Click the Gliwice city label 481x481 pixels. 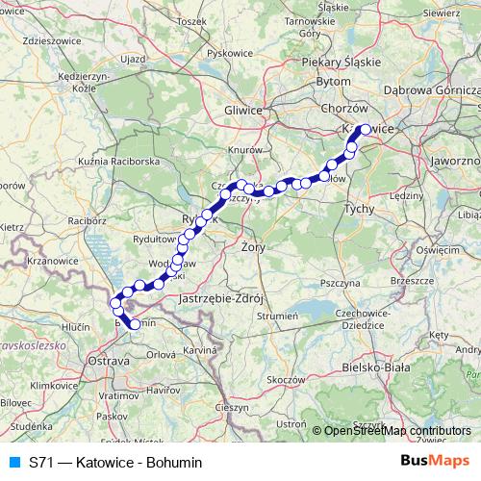point(243,111)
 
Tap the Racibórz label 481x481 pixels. point(88,219)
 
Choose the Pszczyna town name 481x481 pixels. point(341,284)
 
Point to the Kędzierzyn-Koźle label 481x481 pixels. point(88,80)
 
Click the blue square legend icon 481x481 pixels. point(13,462)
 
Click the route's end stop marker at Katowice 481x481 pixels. point(365,129)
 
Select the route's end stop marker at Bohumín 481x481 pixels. point(134,324)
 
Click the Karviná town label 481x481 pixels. point(200,351)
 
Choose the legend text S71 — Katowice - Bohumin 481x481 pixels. point(115,462)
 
